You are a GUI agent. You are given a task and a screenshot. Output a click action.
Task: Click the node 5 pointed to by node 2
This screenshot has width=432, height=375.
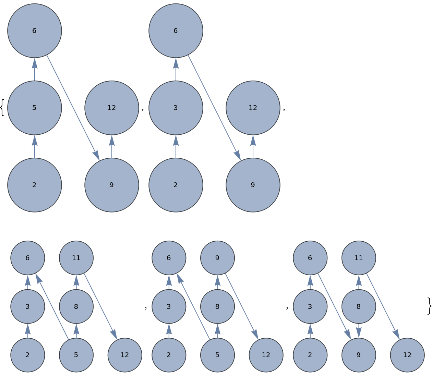pyautogui.click(x=34, y=108)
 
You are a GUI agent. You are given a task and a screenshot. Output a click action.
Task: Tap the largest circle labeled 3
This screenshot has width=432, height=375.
pyautogui.click(x=176, y=108)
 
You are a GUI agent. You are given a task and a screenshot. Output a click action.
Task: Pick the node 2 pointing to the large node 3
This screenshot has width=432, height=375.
pyautogui.click(x=176, y=185)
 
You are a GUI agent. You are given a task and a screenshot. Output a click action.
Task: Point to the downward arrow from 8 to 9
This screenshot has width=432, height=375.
pyautogui.click(x=359, y=330)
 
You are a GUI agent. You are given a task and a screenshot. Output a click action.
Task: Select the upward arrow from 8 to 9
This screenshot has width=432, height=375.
pyautogui.click(x=217, y=282)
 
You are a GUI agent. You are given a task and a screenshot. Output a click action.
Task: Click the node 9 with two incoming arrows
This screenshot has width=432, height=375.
pyautogui.click(x=359, y=355)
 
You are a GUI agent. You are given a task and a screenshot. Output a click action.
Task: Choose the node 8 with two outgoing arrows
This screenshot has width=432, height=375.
pyautogui.click(x=359, y=306)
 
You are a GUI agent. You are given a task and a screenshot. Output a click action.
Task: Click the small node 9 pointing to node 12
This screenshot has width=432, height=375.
pyautogui.click(x=217, y=258)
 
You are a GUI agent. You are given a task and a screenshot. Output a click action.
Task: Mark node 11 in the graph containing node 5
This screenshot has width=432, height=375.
pyautogui.click(x=76, y=258)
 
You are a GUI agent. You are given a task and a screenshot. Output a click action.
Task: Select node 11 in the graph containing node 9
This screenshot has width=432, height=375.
pyautogui.click(x=359, y=258)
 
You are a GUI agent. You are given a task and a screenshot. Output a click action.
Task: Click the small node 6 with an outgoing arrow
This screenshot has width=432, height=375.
pyautogui.click(x=310, y=258)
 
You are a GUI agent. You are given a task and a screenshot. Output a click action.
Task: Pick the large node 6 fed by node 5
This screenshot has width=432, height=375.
pyautogui.click(x=34, y=31)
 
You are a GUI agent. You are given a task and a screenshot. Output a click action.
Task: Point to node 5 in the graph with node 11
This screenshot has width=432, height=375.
pyautogui.click(x=76, y=355)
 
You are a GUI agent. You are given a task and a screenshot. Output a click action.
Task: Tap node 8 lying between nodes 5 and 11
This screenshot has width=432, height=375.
pyautogui.click(x=76, y=306)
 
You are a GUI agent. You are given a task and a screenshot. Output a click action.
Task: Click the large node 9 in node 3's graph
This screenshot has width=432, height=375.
pyautogui.click(x=253, y=185)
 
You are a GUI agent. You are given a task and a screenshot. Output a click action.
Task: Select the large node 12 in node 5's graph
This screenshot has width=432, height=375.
pyautogui.click(x=111, y=108)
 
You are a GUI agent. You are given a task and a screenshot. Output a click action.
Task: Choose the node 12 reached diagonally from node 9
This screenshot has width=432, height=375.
pyautogui.click(x=266, y=355)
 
